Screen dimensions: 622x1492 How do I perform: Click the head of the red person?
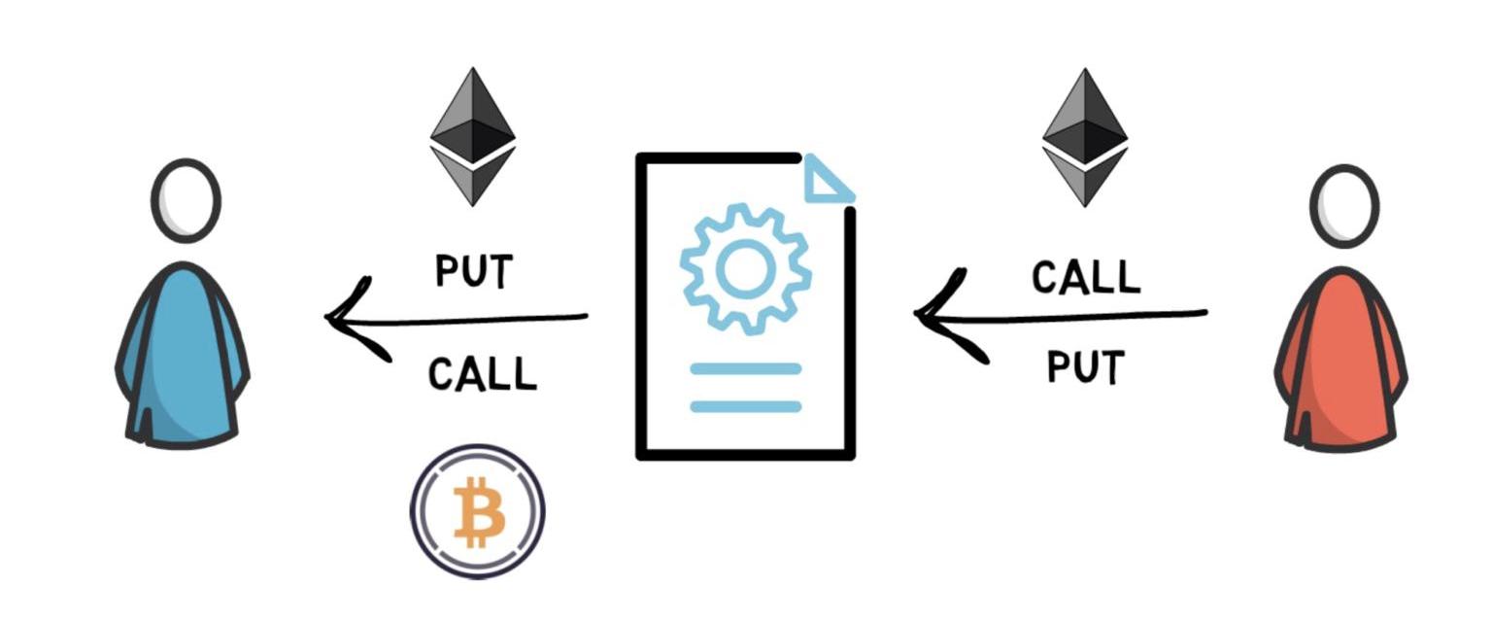[1343, 206]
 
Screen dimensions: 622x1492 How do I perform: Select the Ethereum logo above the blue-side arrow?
[472, 136]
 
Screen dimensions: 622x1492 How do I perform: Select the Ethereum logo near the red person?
[1084, 137]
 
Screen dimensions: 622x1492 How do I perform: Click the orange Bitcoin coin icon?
[477, 511]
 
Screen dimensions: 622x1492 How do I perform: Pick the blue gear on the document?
[745, 269]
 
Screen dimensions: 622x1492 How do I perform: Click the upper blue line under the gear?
[745, 369]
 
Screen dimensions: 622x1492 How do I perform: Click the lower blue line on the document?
[745, 406]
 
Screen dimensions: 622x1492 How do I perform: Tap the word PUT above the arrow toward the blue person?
[473, 271]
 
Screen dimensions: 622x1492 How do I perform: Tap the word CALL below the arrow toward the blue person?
[482, 374]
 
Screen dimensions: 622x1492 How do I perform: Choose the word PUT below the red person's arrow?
[1085, 367]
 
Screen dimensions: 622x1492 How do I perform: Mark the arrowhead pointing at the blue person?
[350, 318]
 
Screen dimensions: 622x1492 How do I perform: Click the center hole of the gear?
[745, 269]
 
